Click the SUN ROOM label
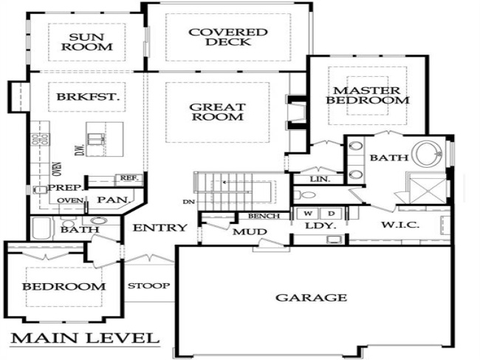click(87, 42)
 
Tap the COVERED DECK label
click(228, 37)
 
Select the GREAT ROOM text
click(218, 112)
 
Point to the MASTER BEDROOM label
click(367, 95)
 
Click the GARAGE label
click(312, 297)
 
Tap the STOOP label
click(148, 286)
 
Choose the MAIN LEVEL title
click(85, 338)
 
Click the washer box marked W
click(307, 213)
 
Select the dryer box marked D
click(332, 213)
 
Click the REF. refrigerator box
click(129, 178)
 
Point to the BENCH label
click(264, 216)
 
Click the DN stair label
click(189, 202)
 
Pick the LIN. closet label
click(320, 179)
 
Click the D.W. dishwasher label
click(80, 149)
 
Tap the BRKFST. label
click(88, 97)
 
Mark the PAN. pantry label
click(114, 200)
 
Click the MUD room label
click(250, 232)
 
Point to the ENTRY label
click(160, 228)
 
